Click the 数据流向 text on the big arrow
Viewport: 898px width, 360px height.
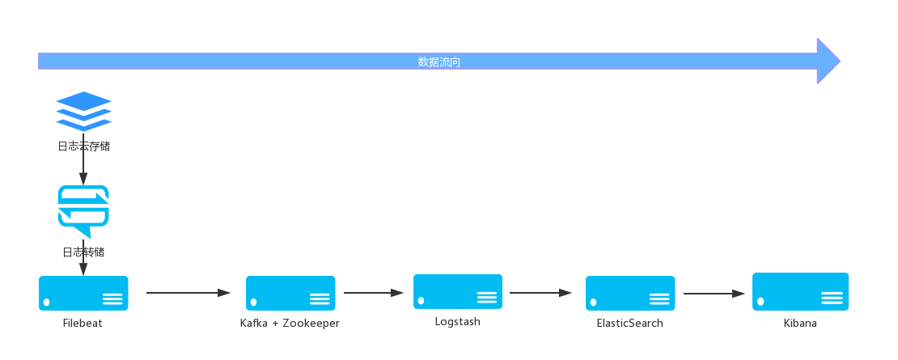[438, 61]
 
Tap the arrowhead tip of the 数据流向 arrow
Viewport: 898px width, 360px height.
[841, 61]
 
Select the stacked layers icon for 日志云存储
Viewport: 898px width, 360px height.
[83, 112]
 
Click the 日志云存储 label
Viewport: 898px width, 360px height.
[83, 146]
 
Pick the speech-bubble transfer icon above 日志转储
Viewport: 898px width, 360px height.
[83, 211]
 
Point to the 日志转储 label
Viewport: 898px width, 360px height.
[83, 252]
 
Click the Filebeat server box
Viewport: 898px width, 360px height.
[83, 293]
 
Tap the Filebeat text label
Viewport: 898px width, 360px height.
[83, 324]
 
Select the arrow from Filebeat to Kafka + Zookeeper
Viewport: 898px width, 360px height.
[188, 293]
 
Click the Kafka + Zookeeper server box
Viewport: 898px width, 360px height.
[290, 293]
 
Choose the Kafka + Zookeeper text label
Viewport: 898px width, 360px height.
[290, 324]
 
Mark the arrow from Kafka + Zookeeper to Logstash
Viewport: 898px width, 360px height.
[374, 293]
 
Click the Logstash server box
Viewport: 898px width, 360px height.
[458, 292]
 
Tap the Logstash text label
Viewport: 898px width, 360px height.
[458, 322]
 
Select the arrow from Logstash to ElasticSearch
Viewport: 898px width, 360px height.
[540, 293]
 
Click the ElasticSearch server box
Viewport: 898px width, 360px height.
[630, 293]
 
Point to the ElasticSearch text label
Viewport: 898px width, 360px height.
[630, 324]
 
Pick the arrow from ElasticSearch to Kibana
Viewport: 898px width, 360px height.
[714, 294]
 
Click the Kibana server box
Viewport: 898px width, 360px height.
[800, 292]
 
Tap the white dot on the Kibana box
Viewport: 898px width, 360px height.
[760, 301]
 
